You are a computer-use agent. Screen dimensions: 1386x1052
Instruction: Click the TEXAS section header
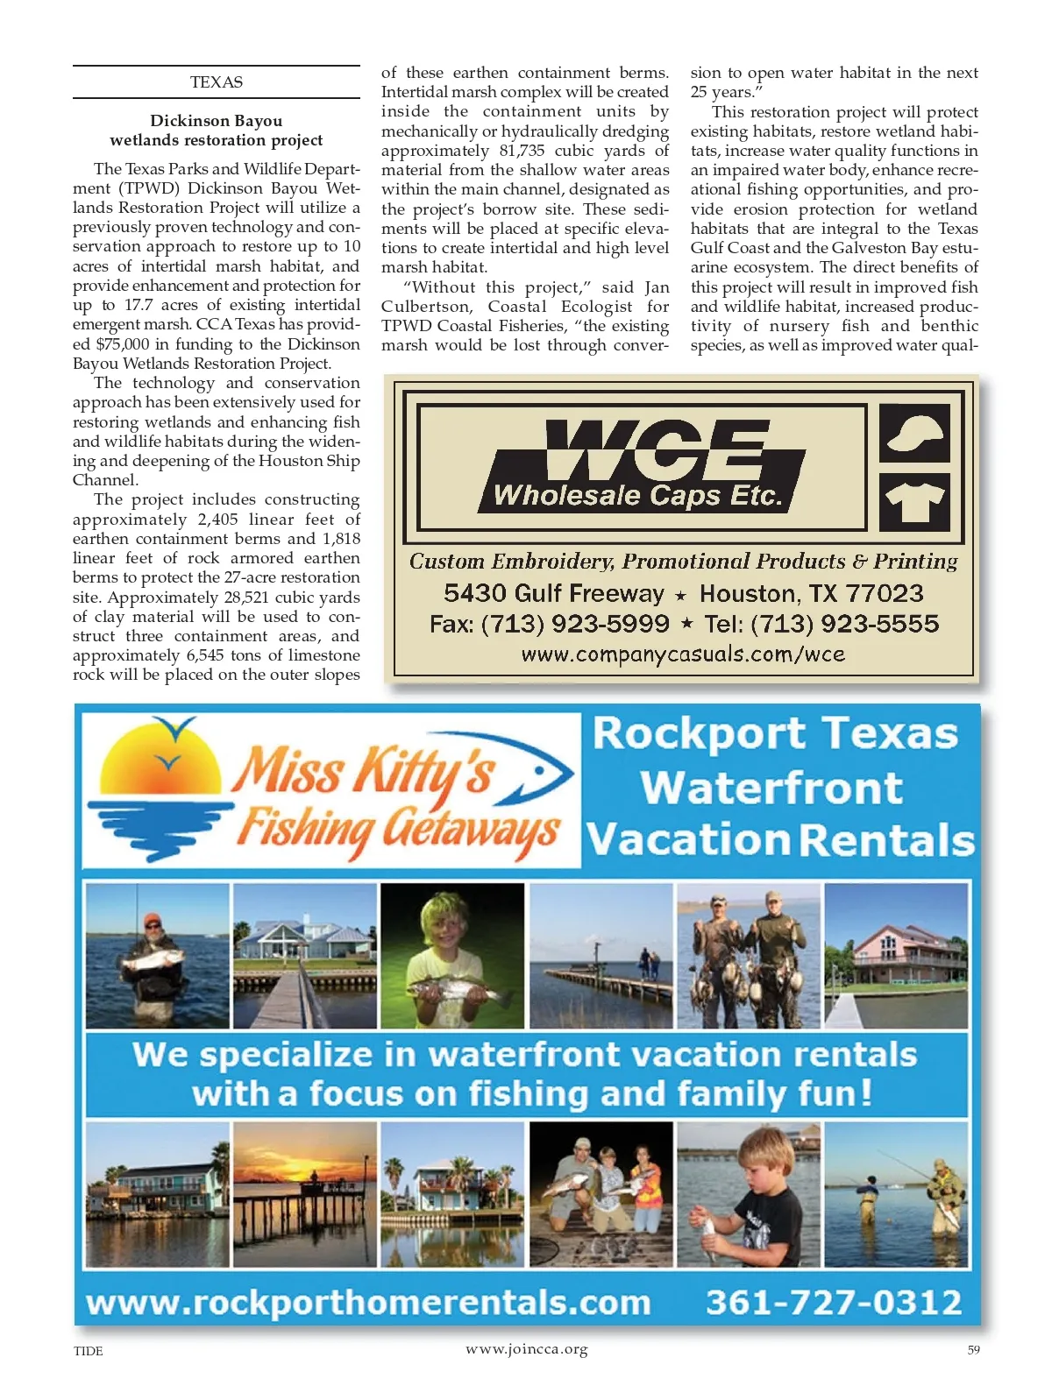pos(216,82)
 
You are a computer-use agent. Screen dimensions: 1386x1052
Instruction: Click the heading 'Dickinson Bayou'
pos(216,121)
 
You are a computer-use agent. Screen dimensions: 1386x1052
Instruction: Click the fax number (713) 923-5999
pos(575,624)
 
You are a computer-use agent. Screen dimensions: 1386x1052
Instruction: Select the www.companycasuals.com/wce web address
pos(683,654)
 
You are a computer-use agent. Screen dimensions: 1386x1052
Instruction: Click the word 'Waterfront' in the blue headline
pos(771,787)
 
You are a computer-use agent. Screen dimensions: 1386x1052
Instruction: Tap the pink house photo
pos(896,955)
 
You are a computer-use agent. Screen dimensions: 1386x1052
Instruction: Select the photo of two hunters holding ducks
pos(749,955)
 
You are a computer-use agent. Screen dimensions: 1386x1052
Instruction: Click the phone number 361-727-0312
pos(834,1302)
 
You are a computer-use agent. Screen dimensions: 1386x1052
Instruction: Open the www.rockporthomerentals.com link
pos(368,1303)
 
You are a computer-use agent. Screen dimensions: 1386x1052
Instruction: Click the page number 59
pos(973,1350)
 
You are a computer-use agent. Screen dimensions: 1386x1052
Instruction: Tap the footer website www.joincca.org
pos(526,1349)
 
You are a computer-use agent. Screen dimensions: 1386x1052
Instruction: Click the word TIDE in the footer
pos(88,1351)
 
